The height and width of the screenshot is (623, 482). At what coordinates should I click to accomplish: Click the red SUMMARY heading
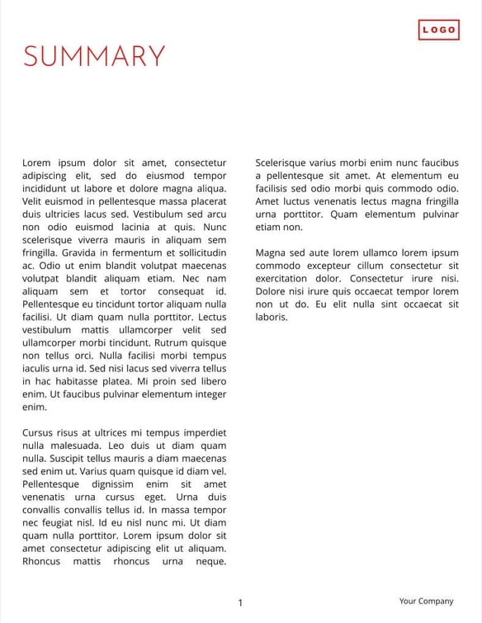(x=94, y=56)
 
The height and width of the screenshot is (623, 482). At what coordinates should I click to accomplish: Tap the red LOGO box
(x=438, y=31)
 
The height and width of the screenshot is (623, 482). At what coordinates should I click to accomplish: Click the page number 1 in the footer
(x=240, y=603)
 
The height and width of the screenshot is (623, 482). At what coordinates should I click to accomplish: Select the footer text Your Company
(x=426, y=602)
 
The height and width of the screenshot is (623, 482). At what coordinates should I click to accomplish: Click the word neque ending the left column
(x=210, y=561)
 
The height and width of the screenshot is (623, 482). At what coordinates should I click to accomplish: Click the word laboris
(x=272, y=317)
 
